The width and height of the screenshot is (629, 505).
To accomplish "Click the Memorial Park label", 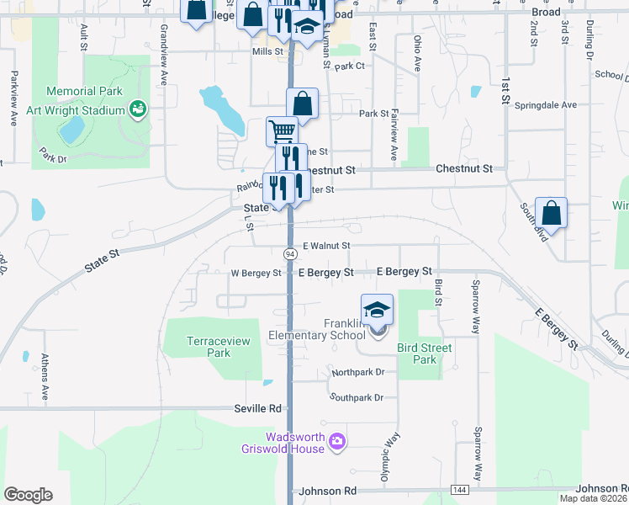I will point(85,92).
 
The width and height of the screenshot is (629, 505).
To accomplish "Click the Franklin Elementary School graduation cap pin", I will point(378,309).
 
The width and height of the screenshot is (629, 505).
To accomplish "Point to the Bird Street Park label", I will point(424,353).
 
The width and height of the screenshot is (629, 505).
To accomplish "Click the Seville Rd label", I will point(257,408).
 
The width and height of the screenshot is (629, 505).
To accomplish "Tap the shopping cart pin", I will point(282,130).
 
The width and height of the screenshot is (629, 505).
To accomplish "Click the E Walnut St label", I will point(325,245).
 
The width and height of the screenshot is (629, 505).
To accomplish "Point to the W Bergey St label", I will point(256,273).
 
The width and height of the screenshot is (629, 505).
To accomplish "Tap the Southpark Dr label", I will point(357,397).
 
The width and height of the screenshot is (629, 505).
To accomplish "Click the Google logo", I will point(28,495).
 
